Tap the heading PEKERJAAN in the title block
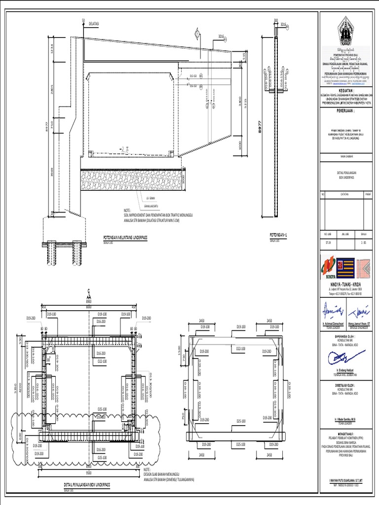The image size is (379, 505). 348,112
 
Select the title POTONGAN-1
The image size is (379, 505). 278,235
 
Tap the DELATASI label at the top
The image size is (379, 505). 94,23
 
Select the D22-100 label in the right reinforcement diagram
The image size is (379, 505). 241,349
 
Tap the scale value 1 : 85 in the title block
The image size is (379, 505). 364,243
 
